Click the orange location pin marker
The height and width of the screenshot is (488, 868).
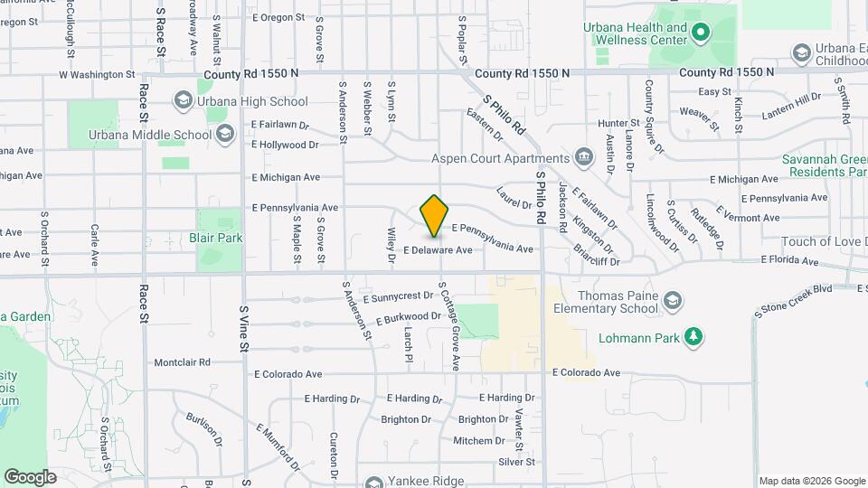point(435,215)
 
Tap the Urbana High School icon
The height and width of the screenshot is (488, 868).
point(184,99)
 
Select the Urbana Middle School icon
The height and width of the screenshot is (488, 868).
point(224,136)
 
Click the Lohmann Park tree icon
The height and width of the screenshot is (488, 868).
point(693,337)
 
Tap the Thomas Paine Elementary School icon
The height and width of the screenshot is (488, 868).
point(672,300)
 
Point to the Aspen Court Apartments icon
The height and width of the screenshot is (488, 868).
point(584,157)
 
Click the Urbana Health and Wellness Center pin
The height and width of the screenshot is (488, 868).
point(700,34)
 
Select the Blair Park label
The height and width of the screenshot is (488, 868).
point(216,238)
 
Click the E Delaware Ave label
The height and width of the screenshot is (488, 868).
point(438,249)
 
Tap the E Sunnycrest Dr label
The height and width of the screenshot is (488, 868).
point(398,296)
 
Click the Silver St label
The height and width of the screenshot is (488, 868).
point(516,462)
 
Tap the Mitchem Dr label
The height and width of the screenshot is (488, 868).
point(479,441)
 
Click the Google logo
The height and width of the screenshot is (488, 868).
point(30,476)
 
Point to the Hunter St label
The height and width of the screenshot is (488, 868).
point(619,123)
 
